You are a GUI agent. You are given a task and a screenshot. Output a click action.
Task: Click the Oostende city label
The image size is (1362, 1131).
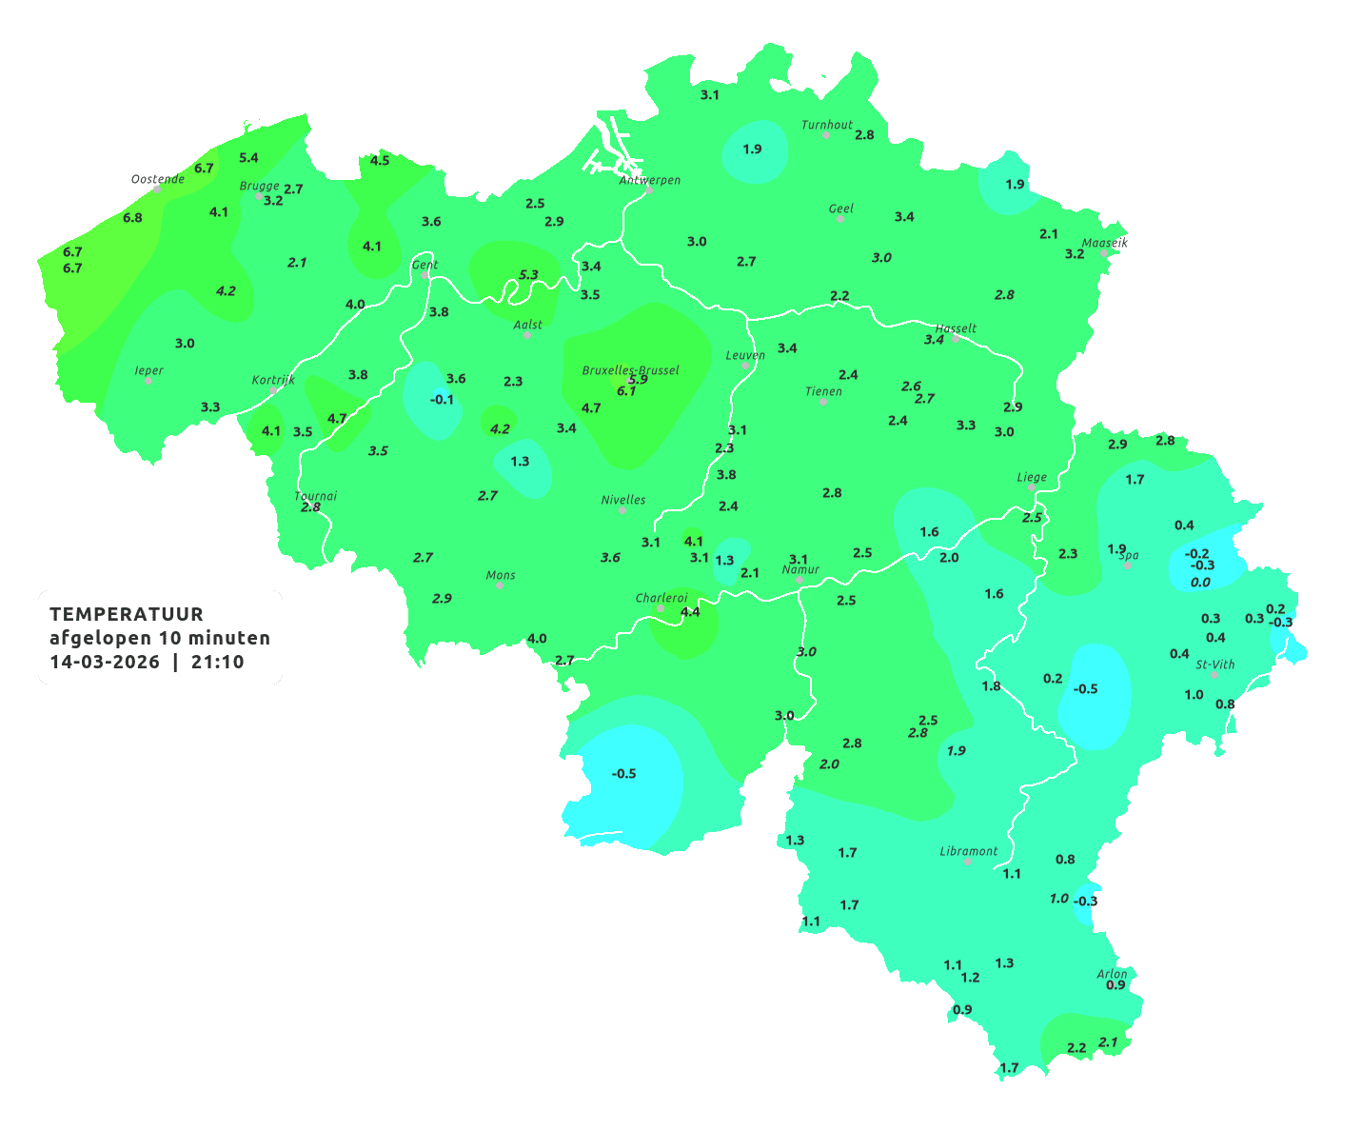(158, 179)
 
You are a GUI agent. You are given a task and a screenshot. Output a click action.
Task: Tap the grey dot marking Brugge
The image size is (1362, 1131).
(258, 196)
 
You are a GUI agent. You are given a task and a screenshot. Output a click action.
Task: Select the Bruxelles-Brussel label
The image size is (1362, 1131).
(630, 369)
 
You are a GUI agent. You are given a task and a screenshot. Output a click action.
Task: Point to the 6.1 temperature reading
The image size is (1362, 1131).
(626, 391)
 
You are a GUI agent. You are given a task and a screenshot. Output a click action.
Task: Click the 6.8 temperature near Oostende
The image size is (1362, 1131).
(132, 218)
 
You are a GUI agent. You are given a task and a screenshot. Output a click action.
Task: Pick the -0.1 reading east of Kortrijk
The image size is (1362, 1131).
(443, 400)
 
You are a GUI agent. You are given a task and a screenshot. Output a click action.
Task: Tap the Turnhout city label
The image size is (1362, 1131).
(827, 125)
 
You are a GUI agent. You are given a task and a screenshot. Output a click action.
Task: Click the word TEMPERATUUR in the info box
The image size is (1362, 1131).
(127, 614)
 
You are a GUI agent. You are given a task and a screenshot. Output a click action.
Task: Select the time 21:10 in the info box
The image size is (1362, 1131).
(217, 662)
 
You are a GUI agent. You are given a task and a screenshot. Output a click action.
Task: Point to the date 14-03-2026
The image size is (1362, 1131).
(105, 662)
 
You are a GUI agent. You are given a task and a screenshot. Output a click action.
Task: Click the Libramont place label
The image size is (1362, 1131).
(969, 851)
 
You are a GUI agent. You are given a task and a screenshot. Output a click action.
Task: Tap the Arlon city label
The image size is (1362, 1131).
(1112, 974)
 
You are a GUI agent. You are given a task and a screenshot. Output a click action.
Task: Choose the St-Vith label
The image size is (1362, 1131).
(1215, 665)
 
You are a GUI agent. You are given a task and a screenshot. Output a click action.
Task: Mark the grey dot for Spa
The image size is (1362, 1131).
(1128, 565)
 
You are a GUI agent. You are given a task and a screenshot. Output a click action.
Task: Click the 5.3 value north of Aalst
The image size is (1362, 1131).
(528, 275)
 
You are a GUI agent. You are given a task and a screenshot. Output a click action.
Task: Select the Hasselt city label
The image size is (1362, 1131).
(957, 328)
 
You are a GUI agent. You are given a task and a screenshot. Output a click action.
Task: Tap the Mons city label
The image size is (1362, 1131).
(501, 575)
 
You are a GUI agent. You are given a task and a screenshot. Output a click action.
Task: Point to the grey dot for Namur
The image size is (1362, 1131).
(799, 580)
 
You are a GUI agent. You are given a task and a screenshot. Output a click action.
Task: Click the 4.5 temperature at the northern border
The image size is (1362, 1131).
(380, 161)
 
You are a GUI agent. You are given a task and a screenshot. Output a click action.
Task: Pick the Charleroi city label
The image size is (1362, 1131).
(661, 598)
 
